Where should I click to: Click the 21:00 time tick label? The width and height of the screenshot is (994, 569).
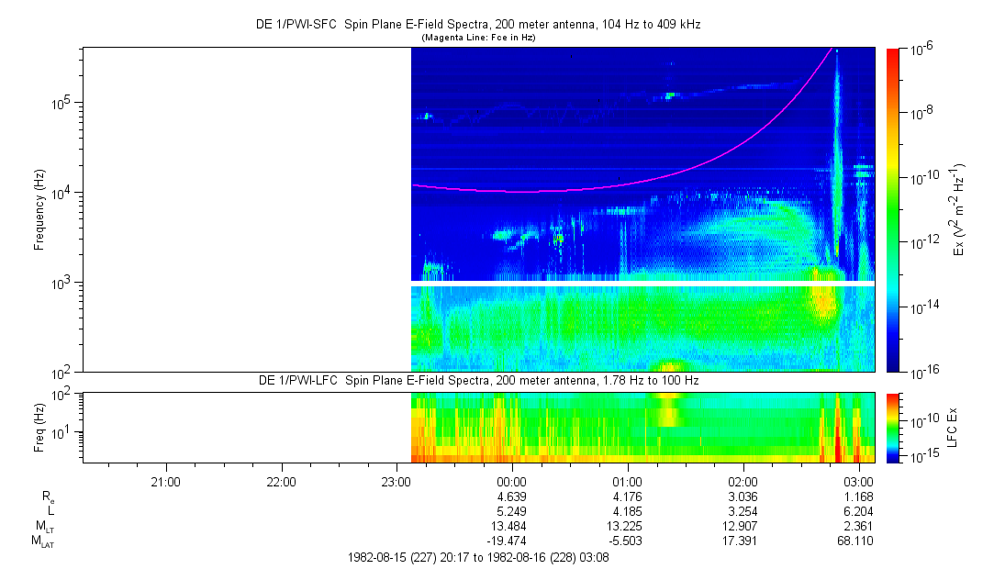(x=165, y=481)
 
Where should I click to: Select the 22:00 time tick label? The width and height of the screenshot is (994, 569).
(x=281, y=481)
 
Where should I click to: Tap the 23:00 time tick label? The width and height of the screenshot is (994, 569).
(x=396, y=481)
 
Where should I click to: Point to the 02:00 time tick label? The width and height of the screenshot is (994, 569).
(x=743, y=481)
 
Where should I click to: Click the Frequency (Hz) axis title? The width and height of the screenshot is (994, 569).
(x=39, y=209)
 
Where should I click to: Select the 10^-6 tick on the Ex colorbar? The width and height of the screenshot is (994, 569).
(x=920, y=50)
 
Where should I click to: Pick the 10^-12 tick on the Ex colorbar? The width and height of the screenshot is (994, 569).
(x=921, y=242)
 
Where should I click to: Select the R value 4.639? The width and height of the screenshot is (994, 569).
(x=510, y=496)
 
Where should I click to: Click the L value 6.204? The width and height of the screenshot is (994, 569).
(x=857, y=511)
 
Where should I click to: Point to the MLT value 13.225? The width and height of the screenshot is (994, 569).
(x=626, y=527)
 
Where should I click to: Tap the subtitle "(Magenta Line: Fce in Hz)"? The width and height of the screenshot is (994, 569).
(x=477, y=38)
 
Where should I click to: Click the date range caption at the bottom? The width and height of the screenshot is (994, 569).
(x=478, y=557)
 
